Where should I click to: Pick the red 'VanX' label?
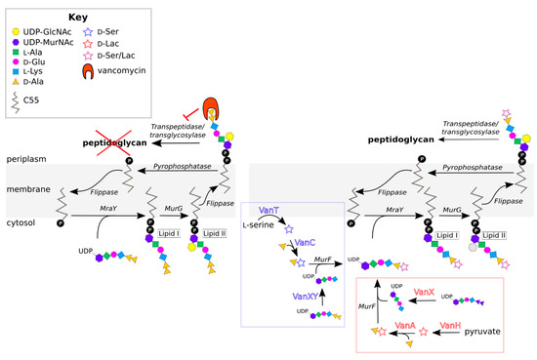click(424, 292)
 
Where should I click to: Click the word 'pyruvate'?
click(481, 333)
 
